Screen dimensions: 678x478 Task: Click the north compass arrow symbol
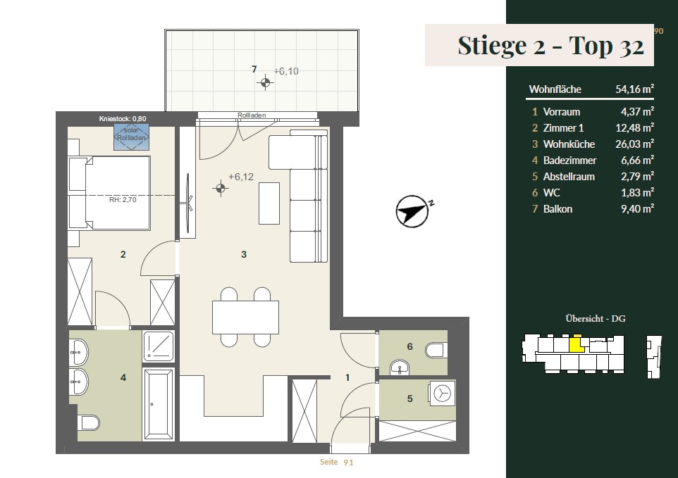pos(412,211)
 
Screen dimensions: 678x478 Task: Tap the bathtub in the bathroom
pos(159,404)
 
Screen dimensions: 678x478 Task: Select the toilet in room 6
pos(434,350)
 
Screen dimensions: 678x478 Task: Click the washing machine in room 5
pos(442,394)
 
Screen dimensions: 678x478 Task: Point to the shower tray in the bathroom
pos(159,346)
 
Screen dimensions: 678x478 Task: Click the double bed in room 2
pos(109,193)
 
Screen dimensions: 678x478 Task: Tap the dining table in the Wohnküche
pos(245,317)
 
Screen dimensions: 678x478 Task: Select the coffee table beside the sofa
pos(269,203)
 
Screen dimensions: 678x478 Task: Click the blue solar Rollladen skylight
pos(132,137)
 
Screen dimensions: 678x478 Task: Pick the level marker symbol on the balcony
pos(265,82)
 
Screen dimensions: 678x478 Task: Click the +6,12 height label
pos(241,177)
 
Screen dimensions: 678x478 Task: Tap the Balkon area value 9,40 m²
pos(637,208)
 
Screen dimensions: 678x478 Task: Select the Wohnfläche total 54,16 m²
pos(634,89)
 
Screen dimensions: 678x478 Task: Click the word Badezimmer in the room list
pos(569,161)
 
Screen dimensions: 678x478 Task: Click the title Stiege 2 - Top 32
pos(550,45)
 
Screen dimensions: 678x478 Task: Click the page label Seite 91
pos(336,463)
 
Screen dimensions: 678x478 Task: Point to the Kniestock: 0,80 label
pos(123,119)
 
